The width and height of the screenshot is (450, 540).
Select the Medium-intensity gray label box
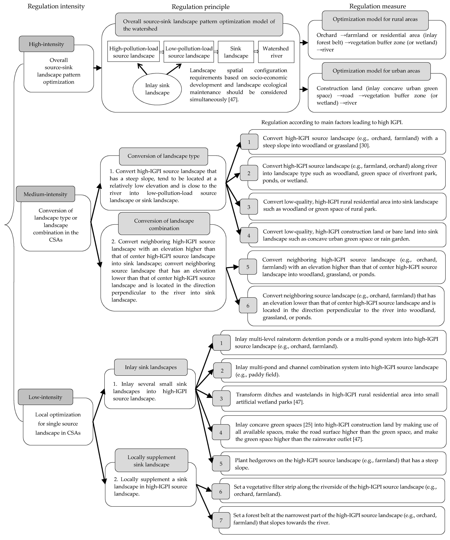(46, 194)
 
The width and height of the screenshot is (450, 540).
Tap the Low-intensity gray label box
(46, 397)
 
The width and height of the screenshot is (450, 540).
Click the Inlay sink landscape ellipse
(157, 89)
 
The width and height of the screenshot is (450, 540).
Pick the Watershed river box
(276, 52)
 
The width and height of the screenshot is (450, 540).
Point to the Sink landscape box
(236, 52)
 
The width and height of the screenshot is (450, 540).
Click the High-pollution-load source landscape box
(133, 52)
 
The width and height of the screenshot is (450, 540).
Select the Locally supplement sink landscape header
(151, 461)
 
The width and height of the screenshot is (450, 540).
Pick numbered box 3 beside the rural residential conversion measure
(249, 207)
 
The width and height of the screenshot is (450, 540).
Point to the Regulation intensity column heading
(56, 6)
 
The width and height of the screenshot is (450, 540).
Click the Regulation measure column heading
(377, 6)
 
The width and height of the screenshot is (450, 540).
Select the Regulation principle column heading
(201, 7)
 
